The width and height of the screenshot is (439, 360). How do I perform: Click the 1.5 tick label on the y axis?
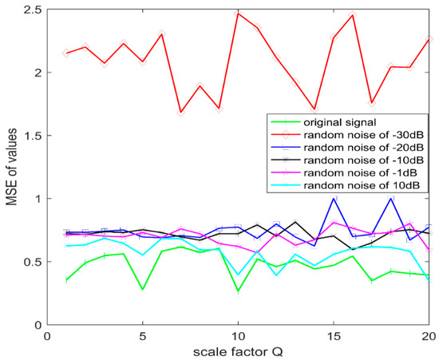(x=33, y=135)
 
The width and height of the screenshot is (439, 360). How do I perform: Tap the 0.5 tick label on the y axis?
(x=33, y=261)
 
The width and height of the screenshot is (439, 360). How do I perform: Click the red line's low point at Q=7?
(x=181, y=113)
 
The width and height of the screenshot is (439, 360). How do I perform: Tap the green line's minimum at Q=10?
(x=238, y=291)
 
